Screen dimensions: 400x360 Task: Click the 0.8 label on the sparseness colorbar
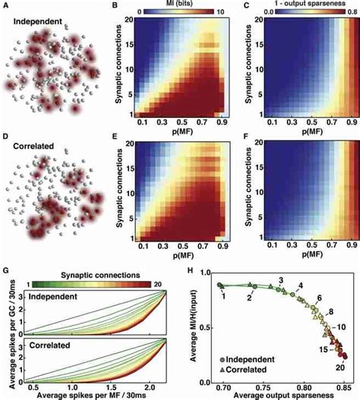pos(351,13)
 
